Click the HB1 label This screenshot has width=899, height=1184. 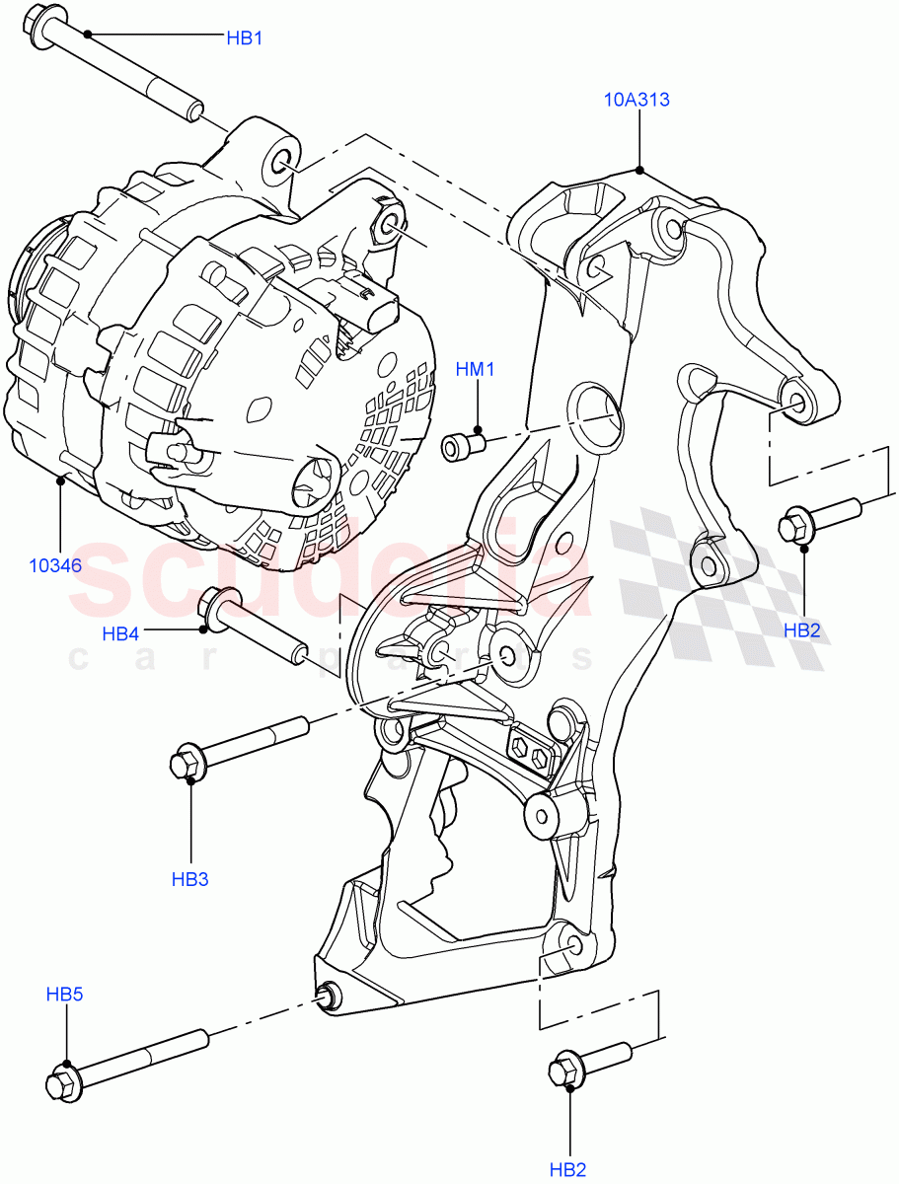point(244,38)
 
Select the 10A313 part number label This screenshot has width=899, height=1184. point(638,100)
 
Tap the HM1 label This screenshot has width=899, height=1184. point(475,370)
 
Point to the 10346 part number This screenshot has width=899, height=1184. point(55,565)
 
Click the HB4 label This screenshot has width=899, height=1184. point(120,633)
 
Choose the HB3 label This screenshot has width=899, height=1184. point(189,878)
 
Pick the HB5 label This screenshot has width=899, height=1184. point(64,995)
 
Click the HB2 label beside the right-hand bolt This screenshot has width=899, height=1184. point(802,629)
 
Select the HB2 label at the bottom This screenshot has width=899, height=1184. point(568,1170)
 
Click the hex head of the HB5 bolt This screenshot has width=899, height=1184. point(62,1083)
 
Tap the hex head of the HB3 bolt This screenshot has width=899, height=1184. point(187,764)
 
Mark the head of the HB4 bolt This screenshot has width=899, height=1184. point(218,603)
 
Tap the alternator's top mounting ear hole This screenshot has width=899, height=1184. point(282,161)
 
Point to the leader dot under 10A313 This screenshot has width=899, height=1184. point(640,170)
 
